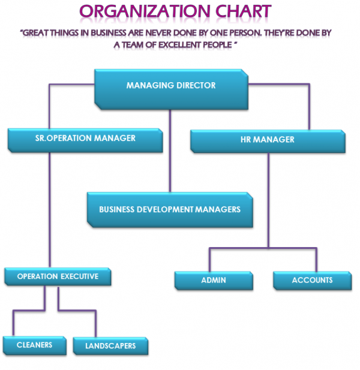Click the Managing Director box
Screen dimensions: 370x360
tap(170, 88)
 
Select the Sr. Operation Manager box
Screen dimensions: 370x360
tap(85, 140)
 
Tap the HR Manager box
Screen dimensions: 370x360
tap(267, 141)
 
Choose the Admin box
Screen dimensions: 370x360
tap(214, 281)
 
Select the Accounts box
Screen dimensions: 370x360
tap(311, 281)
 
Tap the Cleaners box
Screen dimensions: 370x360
tap(34, 345)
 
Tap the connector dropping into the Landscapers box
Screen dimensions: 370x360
tap(95, 324)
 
